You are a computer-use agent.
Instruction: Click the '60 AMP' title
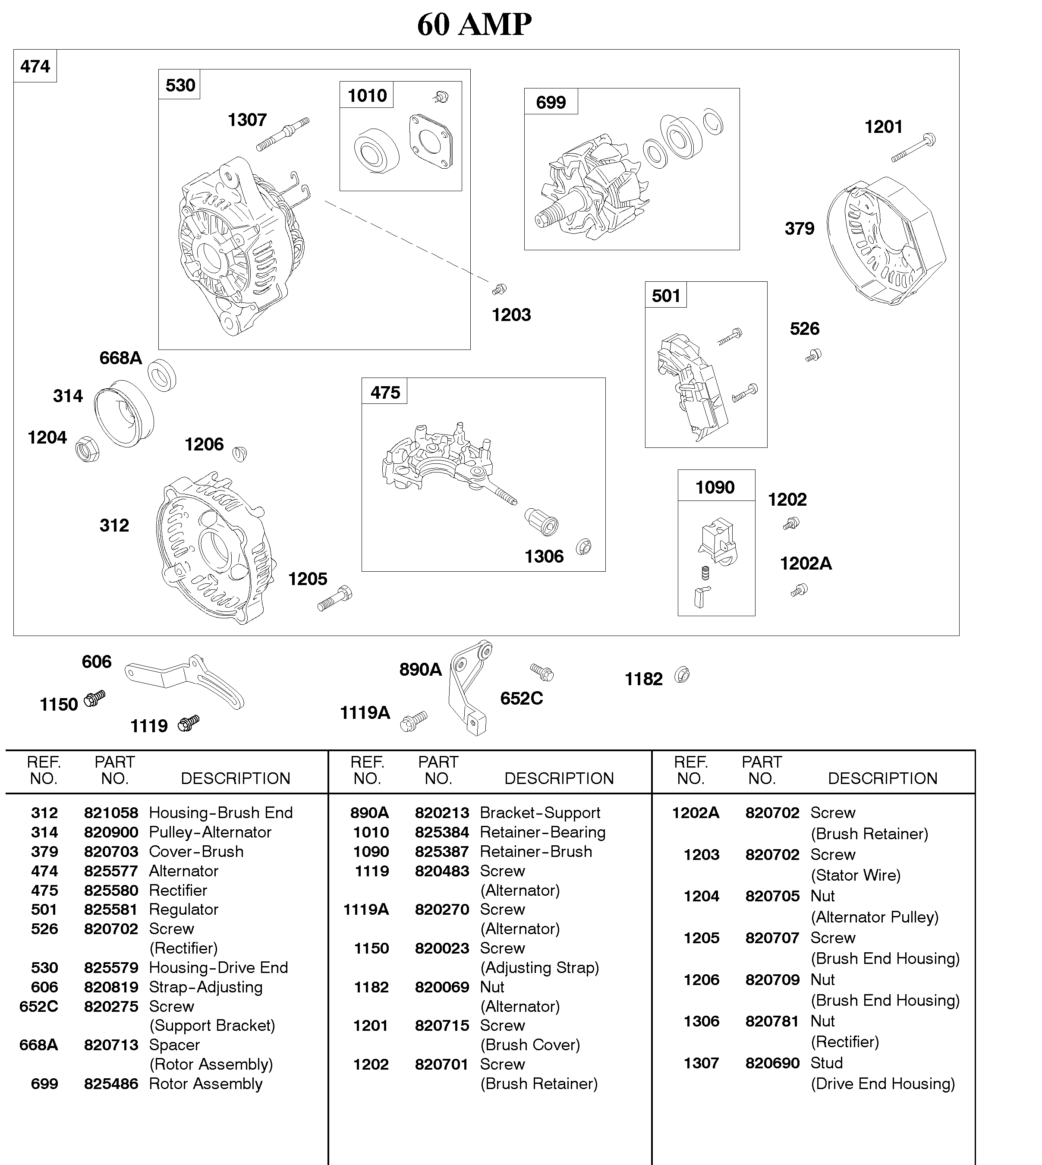pos(474,24)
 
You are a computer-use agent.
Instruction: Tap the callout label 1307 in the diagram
pos(247,120)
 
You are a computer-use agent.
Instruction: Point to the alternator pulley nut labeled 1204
pos(88,450)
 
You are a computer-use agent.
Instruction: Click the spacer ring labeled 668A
pos(162,375)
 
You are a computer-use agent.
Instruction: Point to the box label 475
pos(385,392)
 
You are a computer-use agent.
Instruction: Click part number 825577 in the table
pos(111,871)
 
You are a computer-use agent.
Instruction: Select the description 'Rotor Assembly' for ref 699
pos(205,1084)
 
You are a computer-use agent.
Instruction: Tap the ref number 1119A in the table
pos(366,909)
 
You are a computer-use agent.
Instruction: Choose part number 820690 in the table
pos(772,1063)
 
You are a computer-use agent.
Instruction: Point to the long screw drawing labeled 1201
pos(913,148)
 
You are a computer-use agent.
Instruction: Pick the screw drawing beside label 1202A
pos(799,590)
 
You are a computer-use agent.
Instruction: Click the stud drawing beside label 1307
pos(283,135)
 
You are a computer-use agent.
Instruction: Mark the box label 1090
pos(715,487)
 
